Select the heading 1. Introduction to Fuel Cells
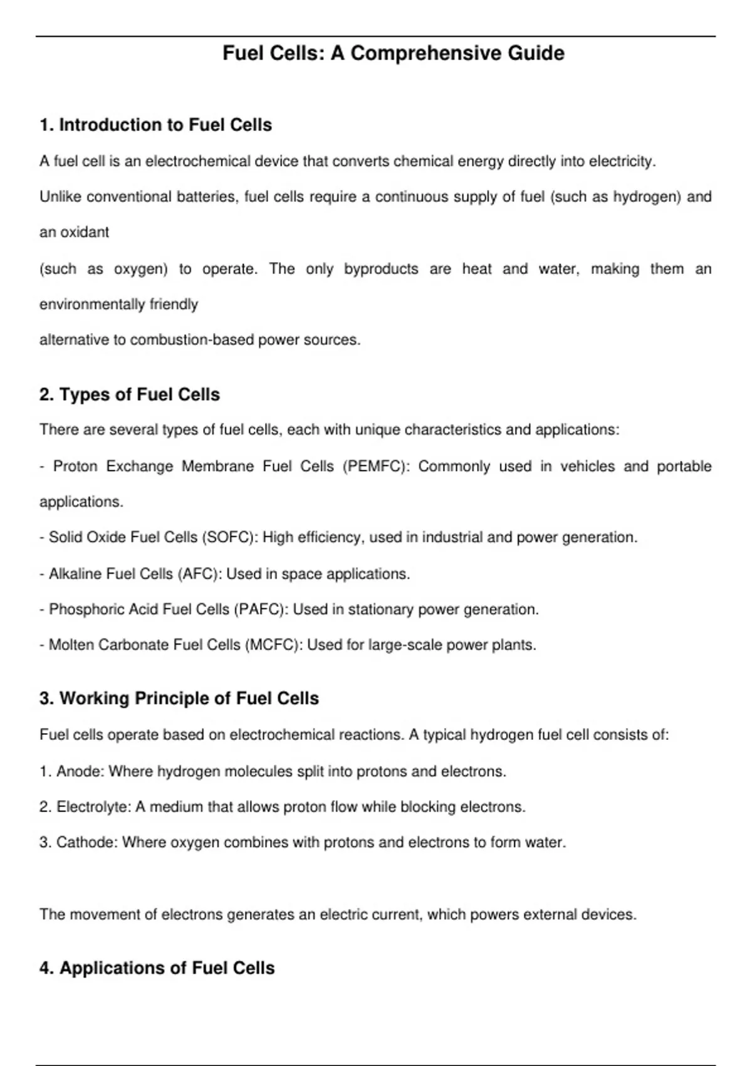[x=155, y=125]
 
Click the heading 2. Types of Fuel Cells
[x=130, y=395]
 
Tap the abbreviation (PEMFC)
[x=376, y=467]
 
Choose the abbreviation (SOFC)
[x=229, y=537]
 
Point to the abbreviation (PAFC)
[x=261, y=610]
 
